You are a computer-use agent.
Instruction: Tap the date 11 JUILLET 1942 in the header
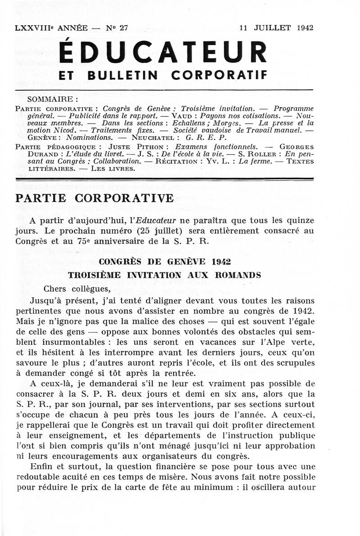click(276, 27)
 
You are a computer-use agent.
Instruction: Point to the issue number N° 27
click(117, 27)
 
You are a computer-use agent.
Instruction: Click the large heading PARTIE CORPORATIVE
click(94, 198)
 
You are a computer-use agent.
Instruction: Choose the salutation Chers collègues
click(77, 289)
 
